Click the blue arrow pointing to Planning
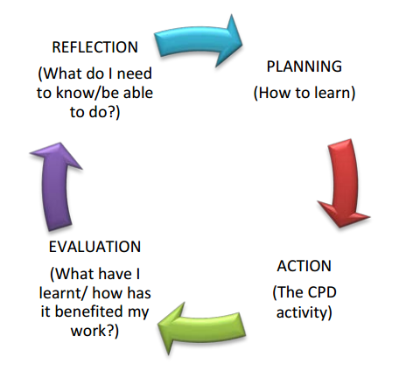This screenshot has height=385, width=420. (199, 41)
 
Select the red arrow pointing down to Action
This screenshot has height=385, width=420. (344, 182)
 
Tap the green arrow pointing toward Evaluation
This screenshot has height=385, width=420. (203, 328)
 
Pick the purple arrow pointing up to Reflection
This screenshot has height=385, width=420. (56, 186)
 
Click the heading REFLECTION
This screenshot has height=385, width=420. (94, 47)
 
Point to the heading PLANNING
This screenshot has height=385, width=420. (304, 66)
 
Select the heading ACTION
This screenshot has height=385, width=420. (304, 266)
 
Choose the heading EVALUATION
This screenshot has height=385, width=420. (94, 247)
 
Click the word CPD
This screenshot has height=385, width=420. (322, 292)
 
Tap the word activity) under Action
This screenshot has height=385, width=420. (304, 312)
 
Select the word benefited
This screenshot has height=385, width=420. (88, 311)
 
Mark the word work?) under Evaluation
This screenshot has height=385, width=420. (94, 332)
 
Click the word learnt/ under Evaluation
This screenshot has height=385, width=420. (62, 293)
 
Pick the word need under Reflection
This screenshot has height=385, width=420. (135, 73)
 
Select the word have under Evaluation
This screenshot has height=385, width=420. (115, 274)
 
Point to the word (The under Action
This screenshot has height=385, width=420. (288, 292)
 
